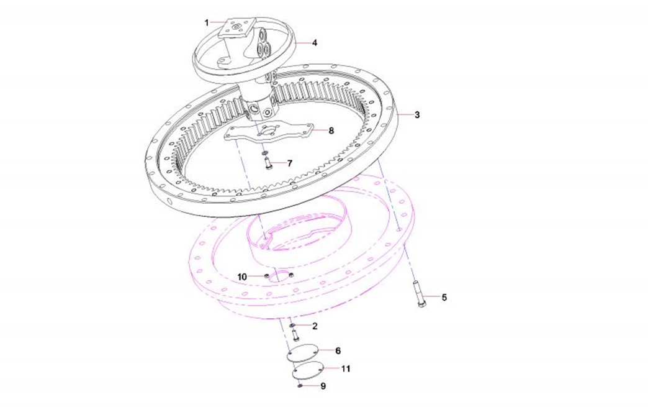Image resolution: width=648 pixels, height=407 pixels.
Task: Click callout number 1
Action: click(x=207, y=23)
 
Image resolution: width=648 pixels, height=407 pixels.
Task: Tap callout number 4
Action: click(x=315, y=43)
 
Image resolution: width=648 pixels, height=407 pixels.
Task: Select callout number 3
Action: click(x=417, y=115)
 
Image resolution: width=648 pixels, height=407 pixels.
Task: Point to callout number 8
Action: click(x=331, y=130)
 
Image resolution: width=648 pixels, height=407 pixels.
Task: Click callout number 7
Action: click(x=290, y=163)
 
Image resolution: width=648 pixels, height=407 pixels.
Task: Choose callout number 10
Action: click(x=242, y=277)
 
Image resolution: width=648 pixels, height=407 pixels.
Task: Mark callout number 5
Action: click(x=444, y=298)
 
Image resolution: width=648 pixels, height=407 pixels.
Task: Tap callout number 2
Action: click(x=315, y=326)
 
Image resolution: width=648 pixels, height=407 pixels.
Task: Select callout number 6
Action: click(x=338, y=351)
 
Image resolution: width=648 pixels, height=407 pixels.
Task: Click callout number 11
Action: click(x=346, y=368)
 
